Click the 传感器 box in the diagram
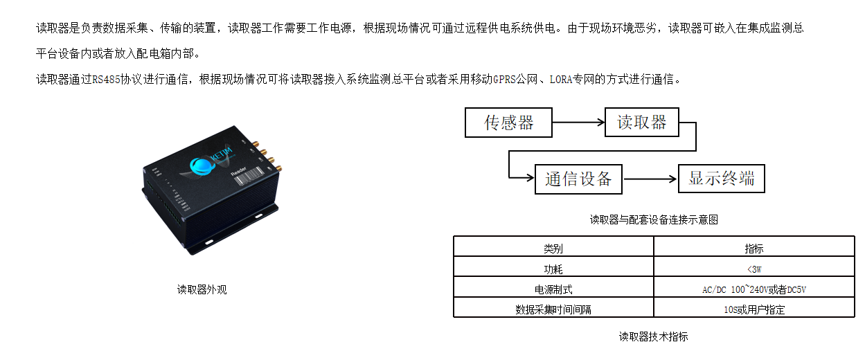(508, 123)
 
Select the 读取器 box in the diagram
(642, 123)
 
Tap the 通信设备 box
(578, 179)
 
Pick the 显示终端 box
(722, 179)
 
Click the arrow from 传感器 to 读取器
(578, 123)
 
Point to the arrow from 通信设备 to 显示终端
(650, 179)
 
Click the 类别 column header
(553, 249)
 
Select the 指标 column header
(754, 249)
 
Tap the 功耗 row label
(553, 269)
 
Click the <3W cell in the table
(754, 269)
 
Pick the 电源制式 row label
(553, 289)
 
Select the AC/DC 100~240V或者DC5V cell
(754, 289)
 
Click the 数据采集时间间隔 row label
(553, 309)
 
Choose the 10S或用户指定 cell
(754, 309)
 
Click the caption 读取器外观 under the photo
(202, 289)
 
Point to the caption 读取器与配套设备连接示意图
(654, 219)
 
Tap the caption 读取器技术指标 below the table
(653, 336)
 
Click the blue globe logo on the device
(202, 166)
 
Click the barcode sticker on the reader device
(249, 177)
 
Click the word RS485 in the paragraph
(106, 80)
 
